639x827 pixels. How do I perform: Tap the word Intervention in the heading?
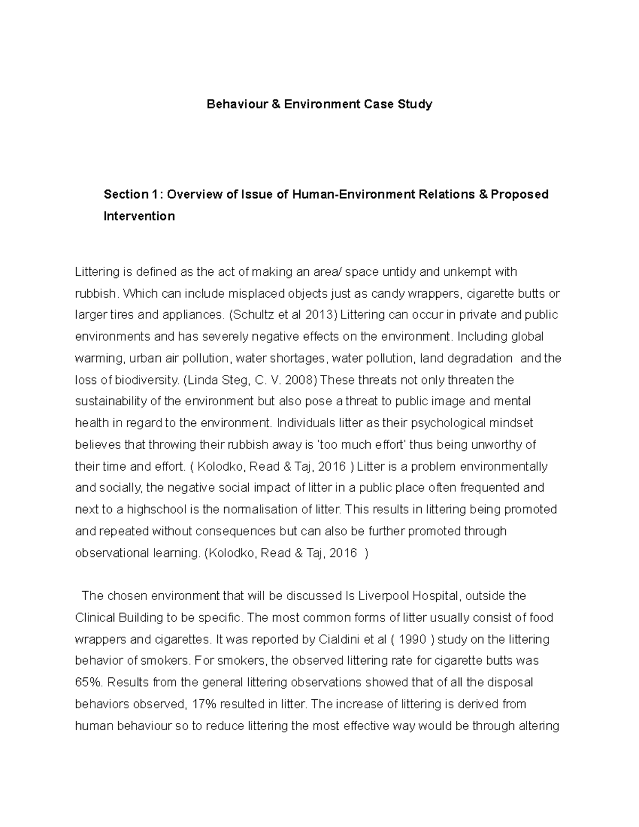(x=139, y=216)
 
